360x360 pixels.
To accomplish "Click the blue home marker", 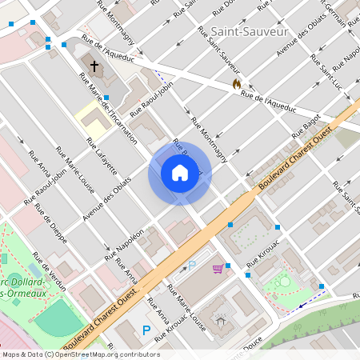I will (179, 173).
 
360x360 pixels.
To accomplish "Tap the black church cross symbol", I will (94, 66).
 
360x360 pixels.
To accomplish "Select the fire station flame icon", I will (236, 82).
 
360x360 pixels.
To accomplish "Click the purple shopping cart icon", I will (218, 269).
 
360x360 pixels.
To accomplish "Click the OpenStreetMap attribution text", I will (80, 354).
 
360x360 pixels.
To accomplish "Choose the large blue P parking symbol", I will (146, 330).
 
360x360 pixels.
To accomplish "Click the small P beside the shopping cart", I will (191, 265).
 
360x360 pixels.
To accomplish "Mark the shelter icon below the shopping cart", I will (222, 322).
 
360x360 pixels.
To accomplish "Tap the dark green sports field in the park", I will (57, 319).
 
